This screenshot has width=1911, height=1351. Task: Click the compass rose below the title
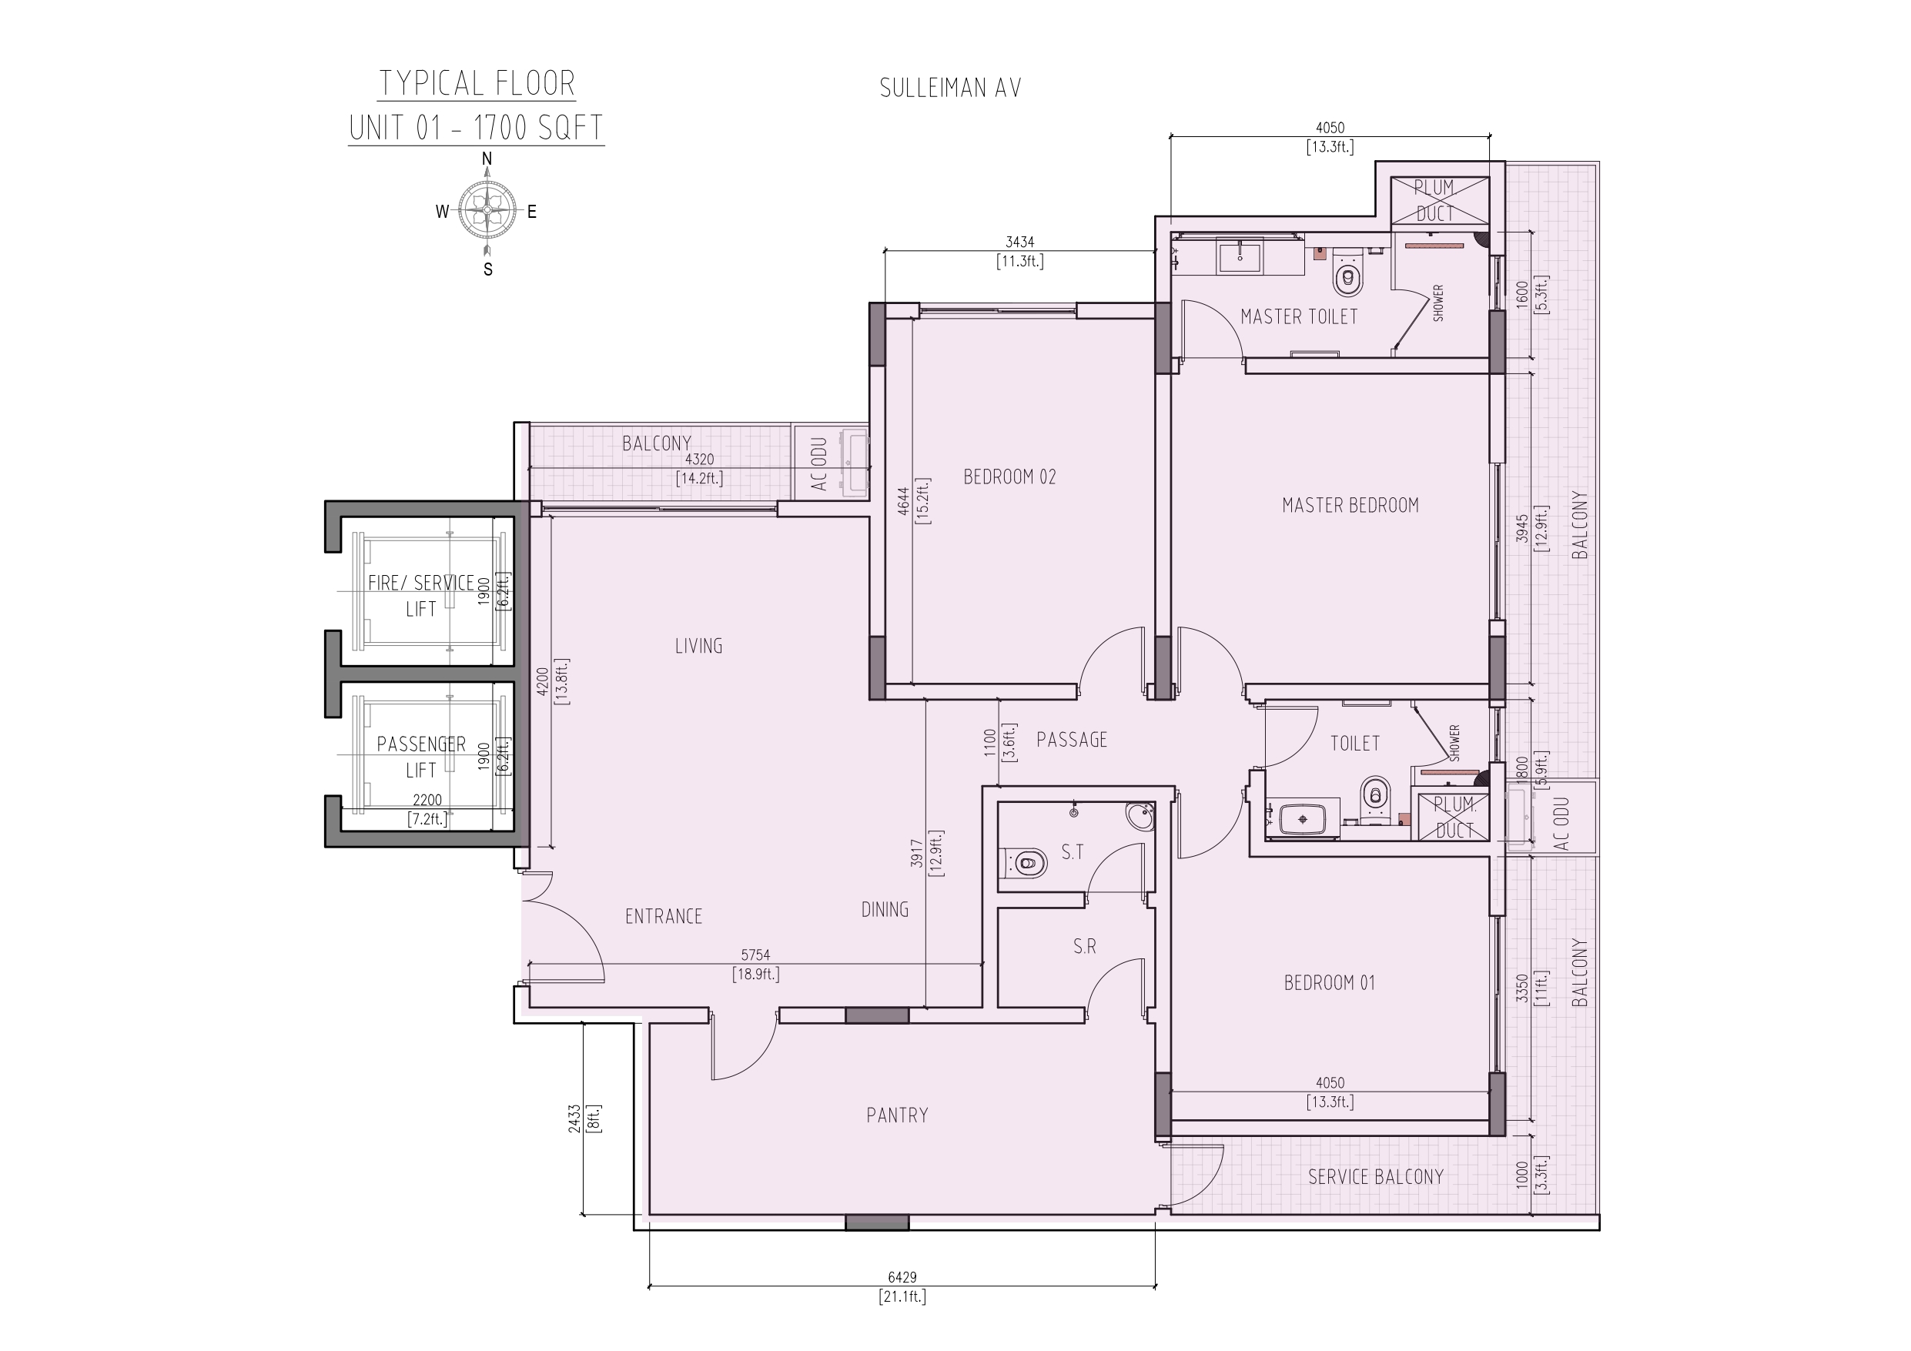[x=487, y=211]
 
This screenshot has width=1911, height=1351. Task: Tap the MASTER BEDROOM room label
[x=1350, y=505]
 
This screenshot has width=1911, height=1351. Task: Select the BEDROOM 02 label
[x=1009, y=477]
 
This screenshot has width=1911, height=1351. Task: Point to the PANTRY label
[x=897, y=1115]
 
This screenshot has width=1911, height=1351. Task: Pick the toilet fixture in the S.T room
[x=1025, y=863]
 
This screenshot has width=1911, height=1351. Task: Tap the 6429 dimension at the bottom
[x=902, y=1277]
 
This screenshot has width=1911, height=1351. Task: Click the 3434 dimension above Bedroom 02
[x=1019, y=242]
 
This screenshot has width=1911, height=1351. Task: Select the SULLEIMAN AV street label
[x=951, y=89]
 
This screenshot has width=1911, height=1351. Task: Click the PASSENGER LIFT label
[x=421, y=757]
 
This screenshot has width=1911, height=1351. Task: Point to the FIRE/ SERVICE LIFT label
[x=421, y=596]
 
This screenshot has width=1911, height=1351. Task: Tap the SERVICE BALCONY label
[x=1376, y=1177]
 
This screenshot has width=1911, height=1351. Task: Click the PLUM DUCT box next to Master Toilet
[x=1440, y=201]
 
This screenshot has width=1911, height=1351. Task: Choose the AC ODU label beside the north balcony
[x=819, y=463]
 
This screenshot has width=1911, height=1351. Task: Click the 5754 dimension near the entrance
[x=756, y=956]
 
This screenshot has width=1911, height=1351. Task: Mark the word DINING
[x=885, y=910]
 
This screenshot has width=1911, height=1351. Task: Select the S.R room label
[x=1085, y=946]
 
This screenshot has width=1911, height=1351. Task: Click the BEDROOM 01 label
[x=1329, y=983]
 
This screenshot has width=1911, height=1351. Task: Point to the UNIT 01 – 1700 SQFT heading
[x=476, y=129]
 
